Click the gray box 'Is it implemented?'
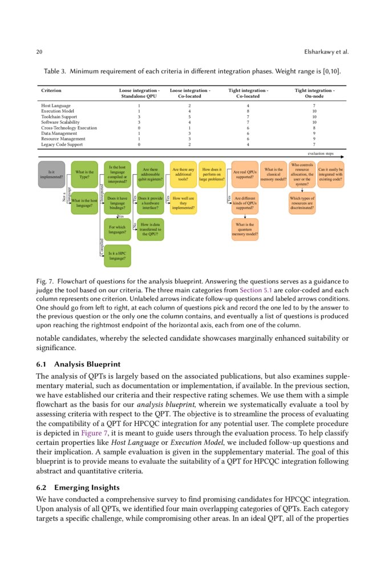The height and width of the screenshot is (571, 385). point(51,174)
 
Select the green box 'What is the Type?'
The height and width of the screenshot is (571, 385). point(84,174)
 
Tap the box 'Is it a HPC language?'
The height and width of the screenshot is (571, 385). point(117,255)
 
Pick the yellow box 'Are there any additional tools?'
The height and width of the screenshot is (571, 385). point(183,174)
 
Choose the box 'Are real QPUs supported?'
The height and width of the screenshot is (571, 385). point(245,174)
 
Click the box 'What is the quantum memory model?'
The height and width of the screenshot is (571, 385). point(245,229)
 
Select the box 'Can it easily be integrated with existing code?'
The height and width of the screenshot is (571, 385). point(330,174)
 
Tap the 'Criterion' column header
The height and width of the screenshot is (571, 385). point(51,91)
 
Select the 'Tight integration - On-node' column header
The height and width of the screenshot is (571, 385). point(314,94)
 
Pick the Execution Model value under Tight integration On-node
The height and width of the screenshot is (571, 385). point(314,111)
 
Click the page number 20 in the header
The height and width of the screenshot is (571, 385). point(39,52)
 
